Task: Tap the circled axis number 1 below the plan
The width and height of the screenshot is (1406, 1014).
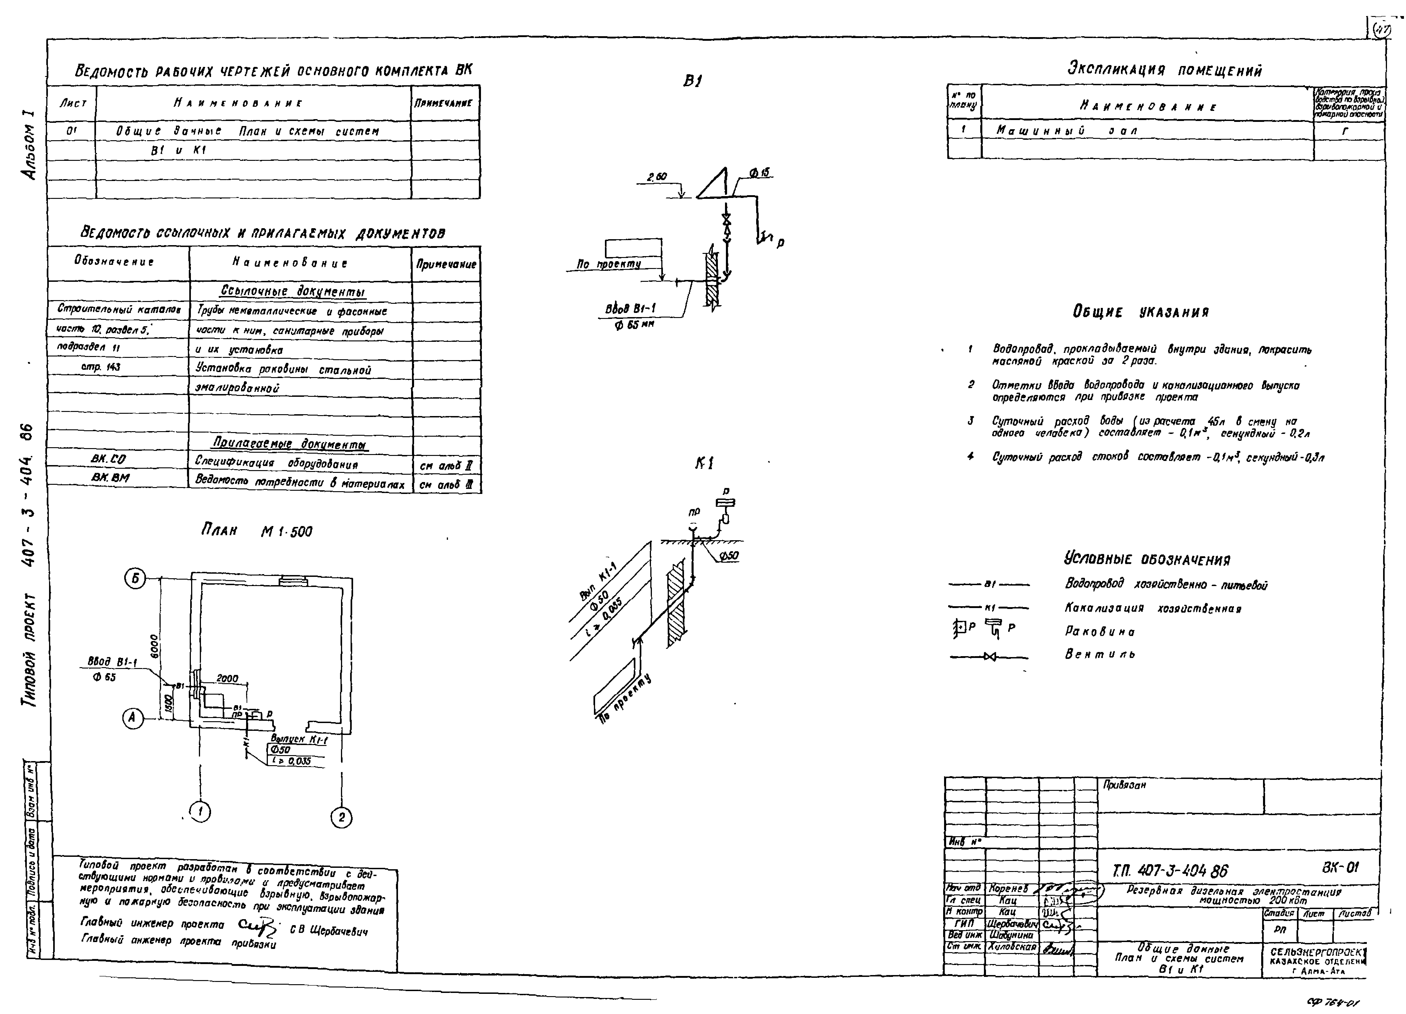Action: [x=200, y=811]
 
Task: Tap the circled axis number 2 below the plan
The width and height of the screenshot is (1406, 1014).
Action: [x=341, y=817]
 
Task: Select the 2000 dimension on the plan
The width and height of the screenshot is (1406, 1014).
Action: [x=227, y=679]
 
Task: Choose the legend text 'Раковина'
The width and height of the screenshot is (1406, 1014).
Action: [x=1100, y=632]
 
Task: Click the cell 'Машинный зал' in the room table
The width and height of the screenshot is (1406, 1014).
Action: [x=1066, y=131]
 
